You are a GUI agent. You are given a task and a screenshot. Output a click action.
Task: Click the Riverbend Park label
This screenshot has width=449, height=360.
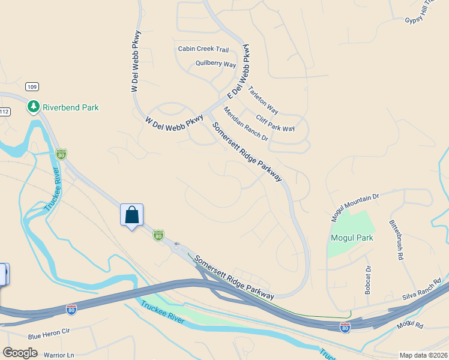pyautogui.click(x=71, y=107)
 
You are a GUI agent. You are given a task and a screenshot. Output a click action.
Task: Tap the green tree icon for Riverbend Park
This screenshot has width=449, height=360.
pyautogui.click(x=34, y=107)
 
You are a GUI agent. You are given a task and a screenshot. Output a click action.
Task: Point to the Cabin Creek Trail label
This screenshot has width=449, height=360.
pyautogui.click(x=203, y=49)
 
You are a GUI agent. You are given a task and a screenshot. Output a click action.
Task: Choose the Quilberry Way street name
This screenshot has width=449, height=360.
pyautogui.click(x=215, y=64)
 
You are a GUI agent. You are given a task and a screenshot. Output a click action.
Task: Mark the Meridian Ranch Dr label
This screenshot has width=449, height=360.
pyautogui.click(x=246, y=124)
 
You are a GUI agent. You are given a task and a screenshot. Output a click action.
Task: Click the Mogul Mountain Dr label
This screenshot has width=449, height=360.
pyautogui.click(x=355, y=206)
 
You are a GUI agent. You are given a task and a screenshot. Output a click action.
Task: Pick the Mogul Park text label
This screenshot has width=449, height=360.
pyautogui.click(x=352, y=238)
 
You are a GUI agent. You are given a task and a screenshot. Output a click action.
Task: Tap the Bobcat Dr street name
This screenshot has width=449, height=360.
pyautogui.click(x=367, y=277)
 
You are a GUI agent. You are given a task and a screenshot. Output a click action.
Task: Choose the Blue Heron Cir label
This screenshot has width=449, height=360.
pyautogui.click(x=49, y=331)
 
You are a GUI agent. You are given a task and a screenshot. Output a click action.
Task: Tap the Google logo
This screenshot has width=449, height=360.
pyautogui.click(x=20, y=352)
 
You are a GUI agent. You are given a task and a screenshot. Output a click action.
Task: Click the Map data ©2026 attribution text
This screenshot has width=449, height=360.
pyautogui.click(x=423, y=355)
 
